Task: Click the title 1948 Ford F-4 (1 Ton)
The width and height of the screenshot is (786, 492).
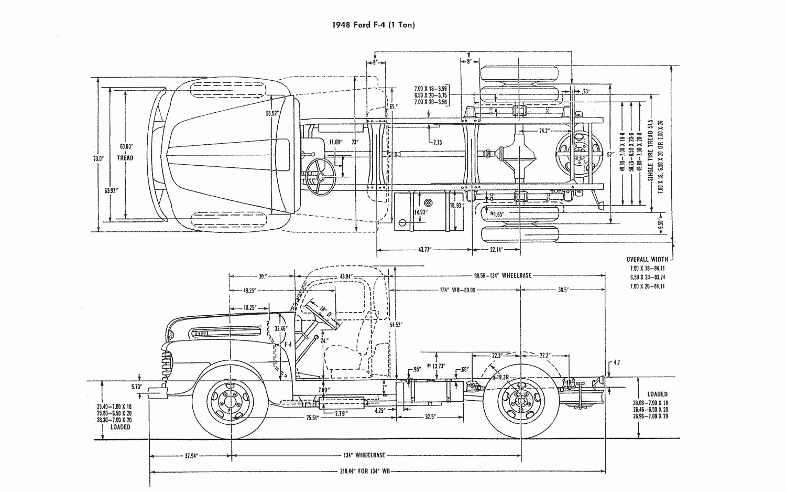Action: [x=373, y=25]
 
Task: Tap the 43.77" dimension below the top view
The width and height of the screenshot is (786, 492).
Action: [x=424, y=250]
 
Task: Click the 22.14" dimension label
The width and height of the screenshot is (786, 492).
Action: [x=497, y=250]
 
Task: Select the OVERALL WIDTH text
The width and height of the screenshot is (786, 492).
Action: [x=647, y=259]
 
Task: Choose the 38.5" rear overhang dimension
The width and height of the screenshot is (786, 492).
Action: [x=563, y=290]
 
